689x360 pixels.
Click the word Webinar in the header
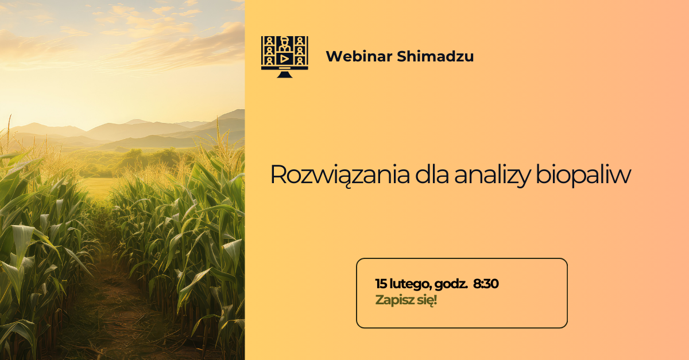click(x=359, y=56)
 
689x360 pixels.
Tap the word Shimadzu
click(x=435, y=56)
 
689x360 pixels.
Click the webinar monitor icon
click(x=285, y=57)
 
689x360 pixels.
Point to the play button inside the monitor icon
click(x=285, y=59)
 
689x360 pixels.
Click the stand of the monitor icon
click(x=285, y=74)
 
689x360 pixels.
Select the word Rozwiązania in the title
click(x=340, y=175)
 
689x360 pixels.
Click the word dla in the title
click(x=432, y=175)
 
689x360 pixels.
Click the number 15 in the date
click(x=381, y=284)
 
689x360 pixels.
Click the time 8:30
click(x=486, y=284)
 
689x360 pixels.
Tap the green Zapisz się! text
click(x=406, y=300)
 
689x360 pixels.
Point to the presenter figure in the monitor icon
click(x=285, y=44)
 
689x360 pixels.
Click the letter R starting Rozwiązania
click(x=278, y=175)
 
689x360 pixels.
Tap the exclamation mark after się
click(x=435, y=299)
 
